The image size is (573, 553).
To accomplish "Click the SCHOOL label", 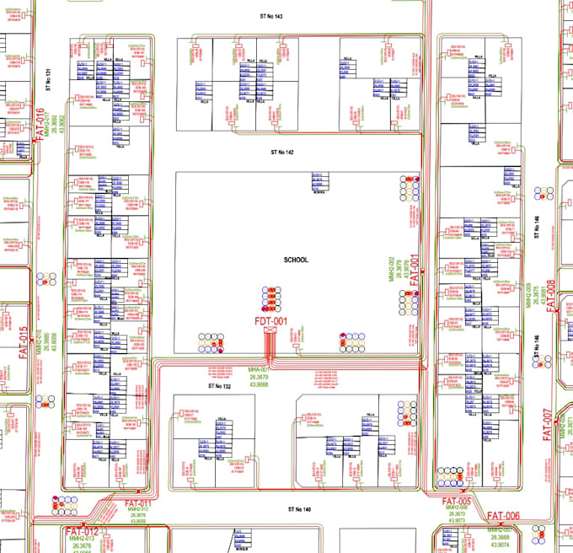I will tap(297, 260).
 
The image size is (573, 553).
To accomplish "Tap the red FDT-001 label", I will tap(270, 321).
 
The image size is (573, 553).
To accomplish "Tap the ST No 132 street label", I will tap(219, 385).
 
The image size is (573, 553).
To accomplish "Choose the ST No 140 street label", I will tap(299, 509).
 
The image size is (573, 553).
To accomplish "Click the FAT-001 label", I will tap(414, 271).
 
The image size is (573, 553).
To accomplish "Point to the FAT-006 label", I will tap(504, 516).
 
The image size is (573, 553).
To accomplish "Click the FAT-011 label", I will tap(137, 503).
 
